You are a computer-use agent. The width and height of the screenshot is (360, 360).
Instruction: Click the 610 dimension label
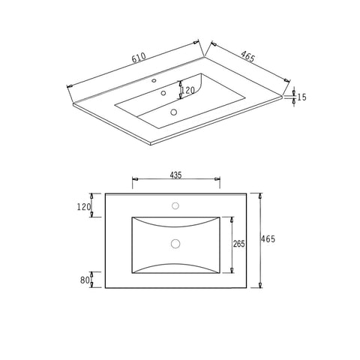[x=139, y=57]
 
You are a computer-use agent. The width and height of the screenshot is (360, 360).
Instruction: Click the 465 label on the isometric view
[x=247, y=56]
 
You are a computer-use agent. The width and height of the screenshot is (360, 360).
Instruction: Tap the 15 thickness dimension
[x=302, y=97]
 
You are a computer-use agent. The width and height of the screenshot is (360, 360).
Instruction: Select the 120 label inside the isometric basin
[x=188, y=90]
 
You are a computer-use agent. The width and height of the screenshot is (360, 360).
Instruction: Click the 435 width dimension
[x=175, y=175]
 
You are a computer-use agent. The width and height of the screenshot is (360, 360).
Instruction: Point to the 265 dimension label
[x=239, y=244]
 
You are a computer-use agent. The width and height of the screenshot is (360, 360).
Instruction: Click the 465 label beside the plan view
[x=268, y=239]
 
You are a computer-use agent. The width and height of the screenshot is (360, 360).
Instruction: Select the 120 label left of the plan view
[x=84, y=207]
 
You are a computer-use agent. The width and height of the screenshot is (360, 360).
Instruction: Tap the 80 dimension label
[x=85, y=280]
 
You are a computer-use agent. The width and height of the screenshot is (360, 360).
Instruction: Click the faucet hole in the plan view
[x=175, y=206]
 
